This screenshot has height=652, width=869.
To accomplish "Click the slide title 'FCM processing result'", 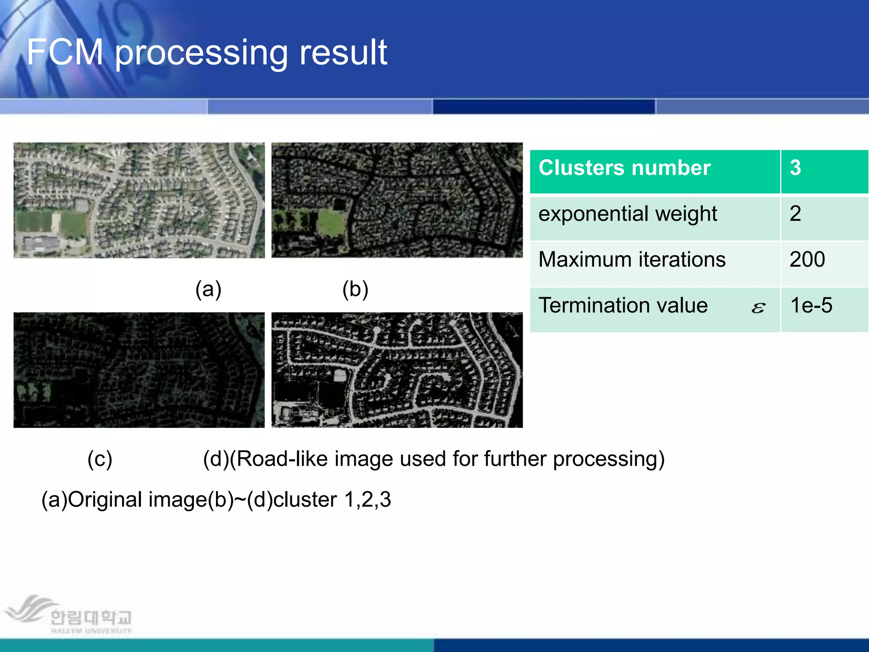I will (x=207, y=52).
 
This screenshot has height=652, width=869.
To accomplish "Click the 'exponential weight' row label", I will (x=628, y=214).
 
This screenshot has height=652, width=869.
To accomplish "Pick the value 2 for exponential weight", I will (x=796, y=214).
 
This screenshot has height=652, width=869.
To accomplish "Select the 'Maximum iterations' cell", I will (x=632, y=260).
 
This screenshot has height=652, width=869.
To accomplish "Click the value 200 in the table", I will (x=807, y=260).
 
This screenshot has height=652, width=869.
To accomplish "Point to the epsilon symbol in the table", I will (x=758, y=308).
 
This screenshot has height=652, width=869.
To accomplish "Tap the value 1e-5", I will (x=811, y=306).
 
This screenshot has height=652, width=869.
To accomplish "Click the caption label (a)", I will (x=208, y=290).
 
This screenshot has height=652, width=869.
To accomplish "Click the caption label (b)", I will (x=355, y=290).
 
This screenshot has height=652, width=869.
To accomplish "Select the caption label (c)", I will (x=100, y=459).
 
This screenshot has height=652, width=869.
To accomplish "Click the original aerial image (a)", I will (x=139, y=200).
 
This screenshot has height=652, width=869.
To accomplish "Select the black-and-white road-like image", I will (x=397, y=370).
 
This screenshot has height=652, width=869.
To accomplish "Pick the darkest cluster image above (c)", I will (x=139, y=370).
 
